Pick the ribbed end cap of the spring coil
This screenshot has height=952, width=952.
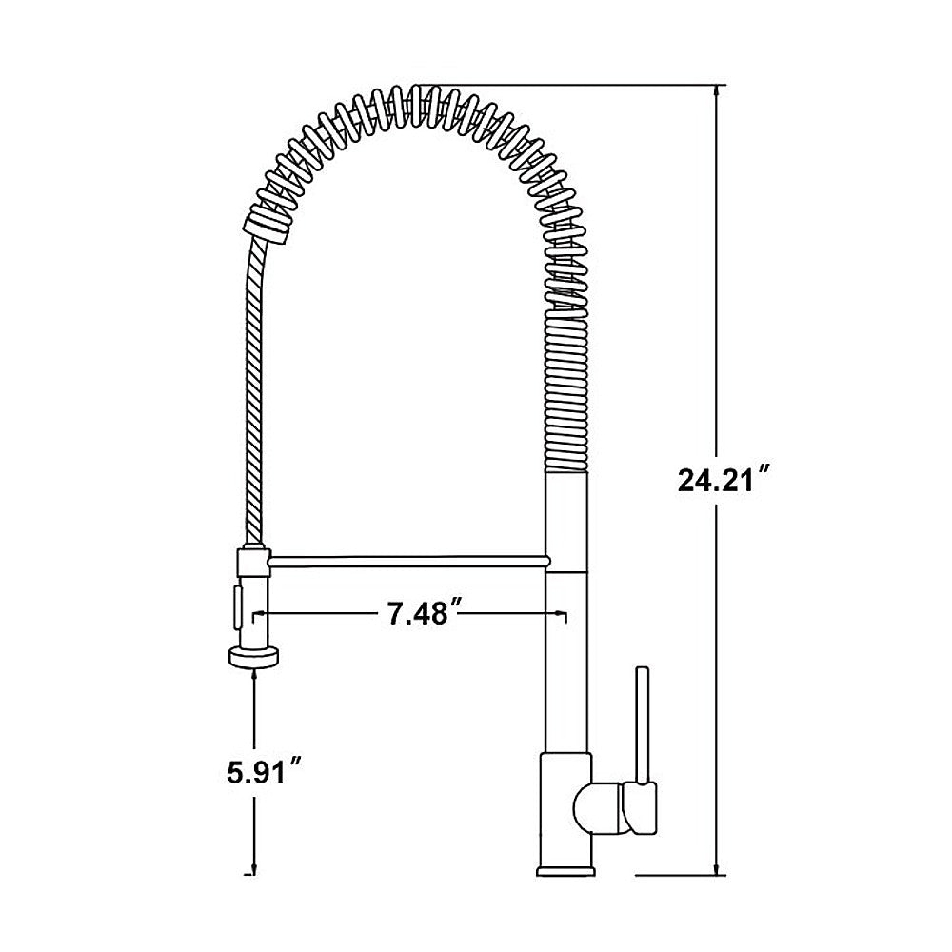click(x=266, y=227)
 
